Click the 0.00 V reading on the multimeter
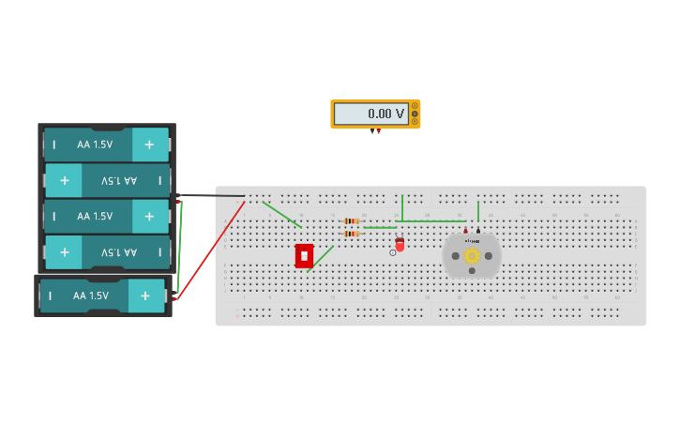click(x=385, y=114)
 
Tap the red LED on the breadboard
click(x=400, y=245)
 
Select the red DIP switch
click(x=304, y=255)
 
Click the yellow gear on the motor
click(x=472, y=255)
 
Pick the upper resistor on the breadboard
click(x=352, y=221)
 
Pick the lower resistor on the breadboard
click(x=352, y=234)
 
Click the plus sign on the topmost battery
click(x=149, y=144)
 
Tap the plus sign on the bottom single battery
click(x=145, y=296)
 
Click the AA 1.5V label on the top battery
click(x=95, y=144)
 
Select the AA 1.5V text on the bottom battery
click(x=91, y=296)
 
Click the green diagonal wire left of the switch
click(x=282, y=215)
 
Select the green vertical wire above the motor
click(x=478, y=211)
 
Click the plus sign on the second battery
click(x=64, y=180)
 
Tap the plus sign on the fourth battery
click(x=64, y=252)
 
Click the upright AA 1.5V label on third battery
click(x=95, y=216)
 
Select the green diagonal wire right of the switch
click(x=323, y=256)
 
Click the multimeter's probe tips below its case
click(x=376, y=131)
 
